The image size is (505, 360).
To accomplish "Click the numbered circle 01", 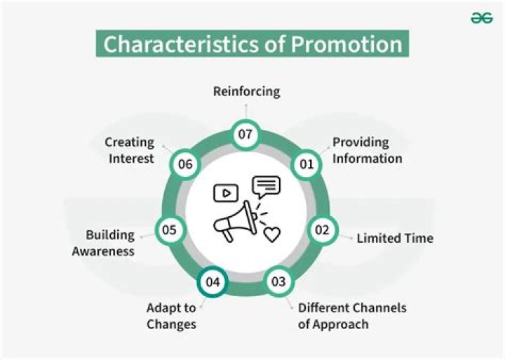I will pyautogui.click(x=305, y=164).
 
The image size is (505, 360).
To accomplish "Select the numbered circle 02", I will pyautogui.click(x=321, y=229).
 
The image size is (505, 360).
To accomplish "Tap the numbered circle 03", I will pyautogui.click(x=278, y=281).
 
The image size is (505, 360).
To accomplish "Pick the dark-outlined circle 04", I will pyautogui.click(x=213, y=282).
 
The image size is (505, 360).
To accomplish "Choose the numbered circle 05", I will pyautogui.click(x=169, y=229).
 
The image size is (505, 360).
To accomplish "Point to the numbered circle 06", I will pyautogui.click(x=185, y=164).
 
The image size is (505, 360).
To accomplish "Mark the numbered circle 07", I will pyautogui.click(x=245, y=135).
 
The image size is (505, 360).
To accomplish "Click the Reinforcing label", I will pyautogui.click(x=246, y=91).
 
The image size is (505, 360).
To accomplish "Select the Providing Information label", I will pyautogui.click(x=367, y=150).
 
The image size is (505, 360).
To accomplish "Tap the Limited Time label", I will pyautogui.click(x=395, y=238).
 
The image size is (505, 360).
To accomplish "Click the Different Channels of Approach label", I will pyautogui.click(x=352, y=316).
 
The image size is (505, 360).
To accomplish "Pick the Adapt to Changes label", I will pyautogui.click(x=171, y=316).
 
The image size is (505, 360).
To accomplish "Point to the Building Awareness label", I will pyautogui.click(x=104, y=243).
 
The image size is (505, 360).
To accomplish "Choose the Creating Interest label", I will pyautogui.click(x=130, y=150).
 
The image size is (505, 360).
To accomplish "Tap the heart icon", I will pyautogui.click(x=271, y=234).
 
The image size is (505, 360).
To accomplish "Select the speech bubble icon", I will pyautogui.click(x=267, y=186).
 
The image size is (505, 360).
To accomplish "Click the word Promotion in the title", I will pyautogui.click(x=346, y=44).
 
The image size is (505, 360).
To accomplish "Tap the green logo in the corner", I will pyautogui.click(x=482, y=19).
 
